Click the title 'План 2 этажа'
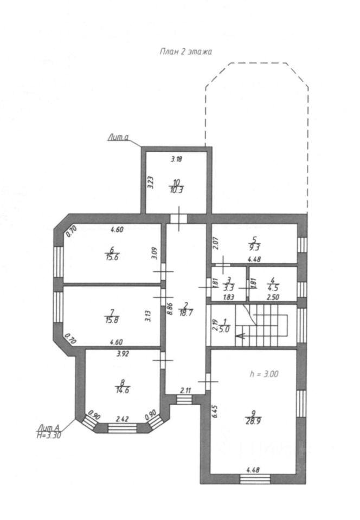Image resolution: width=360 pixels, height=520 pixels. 185,51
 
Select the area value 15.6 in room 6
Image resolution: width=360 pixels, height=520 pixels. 113,257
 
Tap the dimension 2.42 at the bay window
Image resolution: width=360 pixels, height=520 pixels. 123,419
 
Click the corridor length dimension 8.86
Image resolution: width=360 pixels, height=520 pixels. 170,310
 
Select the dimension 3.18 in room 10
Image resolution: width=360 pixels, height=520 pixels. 177,159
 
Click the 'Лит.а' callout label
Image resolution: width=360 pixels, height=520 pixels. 117,139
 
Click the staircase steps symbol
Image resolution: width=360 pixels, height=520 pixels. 267,324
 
